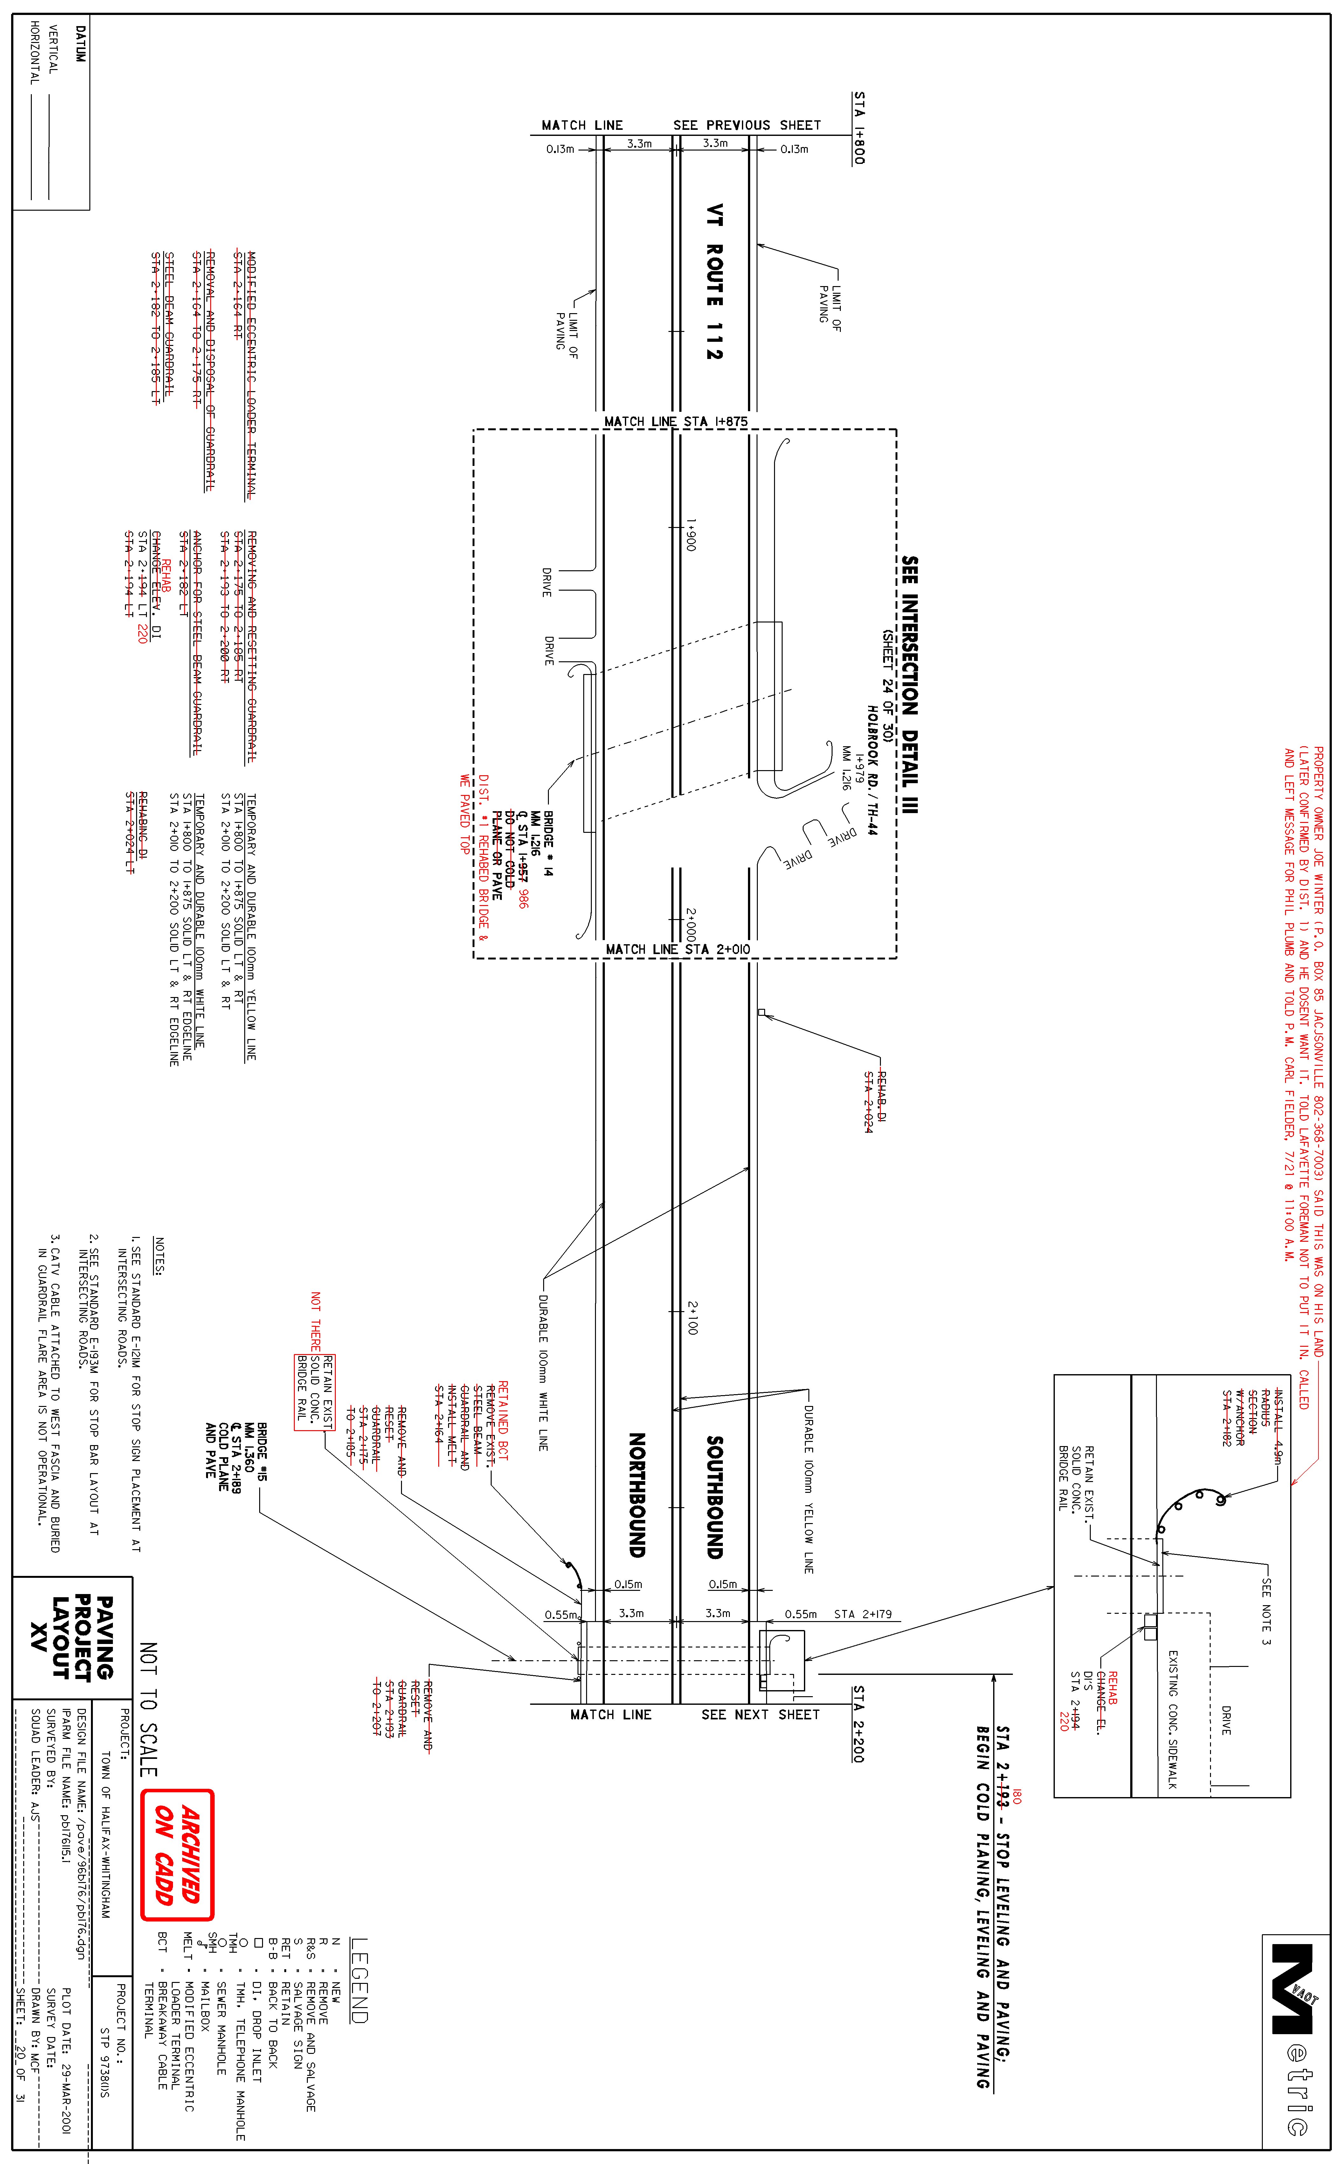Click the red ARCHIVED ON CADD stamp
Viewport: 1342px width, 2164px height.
pyautogui.click(x=176, y=1854)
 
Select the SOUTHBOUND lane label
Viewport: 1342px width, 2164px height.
pyautogui.click(x=715, y=1496)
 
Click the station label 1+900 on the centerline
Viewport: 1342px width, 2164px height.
pyautogui.click(x=691, y=535)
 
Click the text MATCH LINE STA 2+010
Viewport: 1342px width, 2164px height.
pyautogui.click(x=677, y=949)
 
